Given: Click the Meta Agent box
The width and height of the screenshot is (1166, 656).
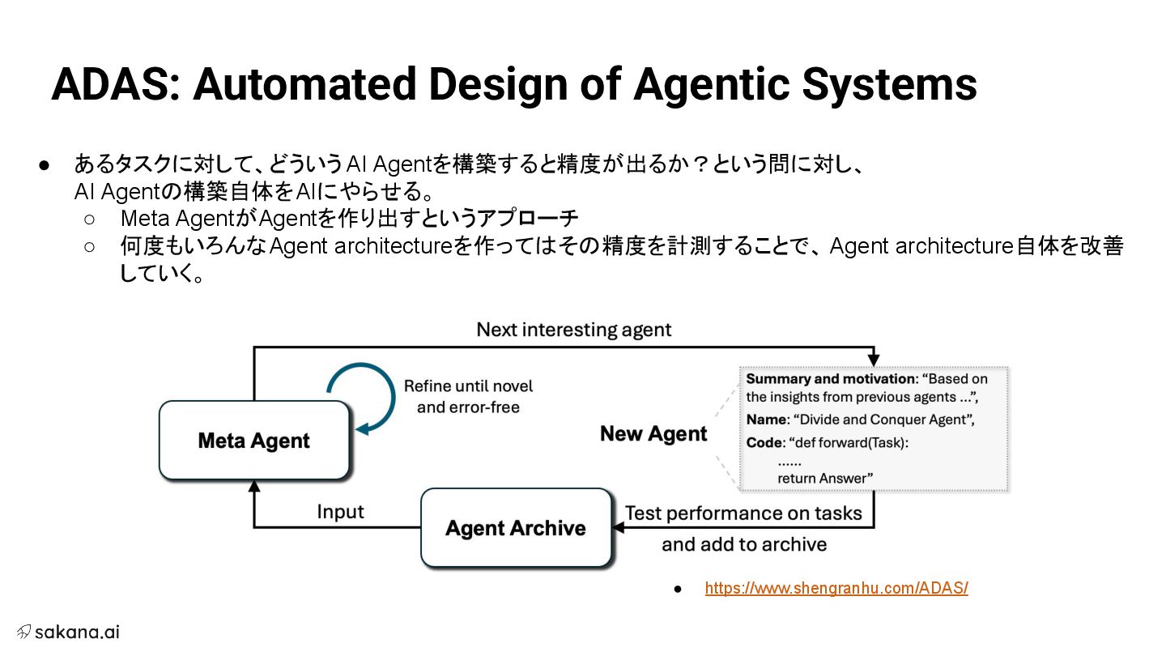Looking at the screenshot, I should pos(254,441).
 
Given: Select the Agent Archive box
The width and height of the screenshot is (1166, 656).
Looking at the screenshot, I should pos(516,528).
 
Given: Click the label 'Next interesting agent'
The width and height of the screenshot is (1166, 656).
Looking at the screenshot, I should pos(573,330).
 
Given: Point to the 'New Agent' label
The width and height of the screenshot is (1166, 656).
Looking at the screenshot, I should pos(653,434).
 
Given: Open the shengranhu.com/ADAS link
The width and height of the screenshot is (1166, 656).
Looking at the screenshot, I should pos(836,588).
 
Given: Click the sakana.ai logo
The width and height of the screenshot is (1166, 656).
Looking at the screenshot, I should pos(68,632).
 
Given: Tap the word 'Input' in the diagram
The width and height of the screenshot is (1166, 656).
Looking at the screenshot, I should pos(340,512).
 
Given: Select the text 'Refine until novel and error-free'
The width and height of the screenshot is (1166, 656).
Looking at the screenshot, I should pos(468,396).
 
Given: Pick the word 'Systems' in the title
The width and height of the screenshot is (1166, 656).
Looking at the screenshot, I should pos(889,83).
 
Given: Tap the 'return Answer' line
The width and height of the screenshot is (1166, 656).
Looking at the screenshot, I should pos(825,478).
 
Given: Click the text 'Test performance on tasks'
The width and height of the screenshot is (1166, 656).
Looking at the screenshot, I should pos(743,513).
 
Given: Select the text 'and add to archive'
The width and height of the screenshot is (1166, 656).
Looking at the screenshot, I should pos(743,544).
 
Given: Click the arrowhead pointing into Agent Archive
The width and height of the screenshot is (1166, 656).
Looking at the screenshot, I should pos(618,527).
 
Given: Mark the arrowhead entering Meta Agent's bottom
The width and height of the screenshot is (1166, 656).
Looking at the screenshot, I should pos(254,486).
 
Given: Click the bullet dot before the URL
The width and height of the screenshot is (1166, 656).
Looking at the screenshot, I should pos(678,588).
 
